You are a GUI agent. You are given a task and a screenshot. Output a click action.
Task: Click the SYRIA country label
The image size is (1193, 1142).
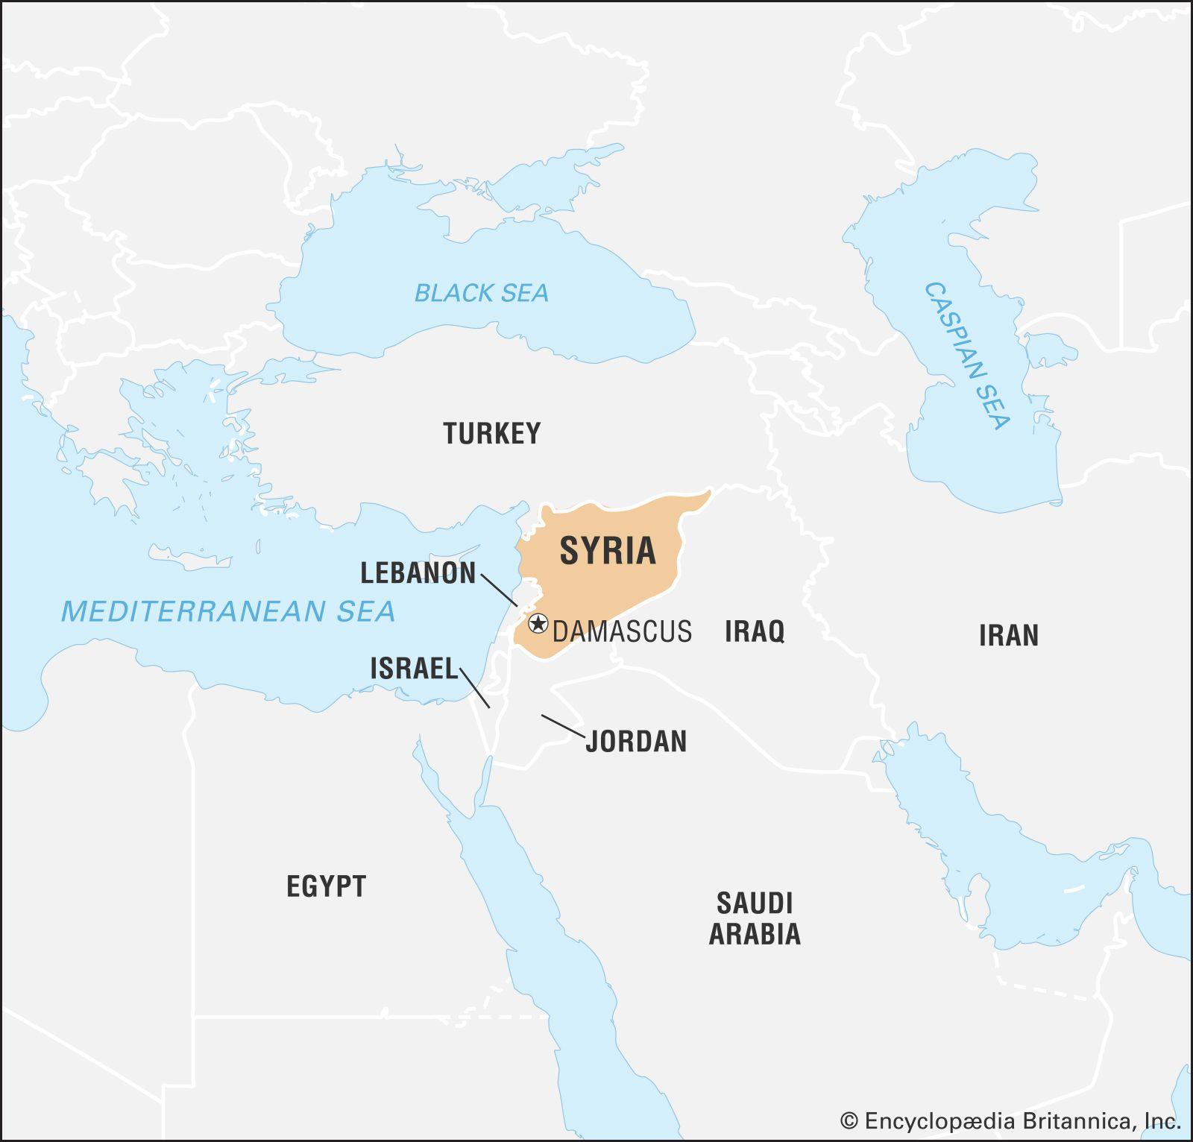[608, 551]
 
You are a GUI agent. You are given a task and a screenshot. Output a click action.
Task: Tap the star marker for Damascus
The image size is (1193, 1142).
[537, 623]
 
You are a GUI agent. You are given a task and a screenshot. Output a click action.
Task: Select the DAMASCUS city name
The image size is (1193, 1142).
[622, 631]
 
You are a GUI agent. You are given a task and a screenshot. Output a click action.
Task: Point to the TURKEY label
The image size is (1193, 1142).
[492, 433]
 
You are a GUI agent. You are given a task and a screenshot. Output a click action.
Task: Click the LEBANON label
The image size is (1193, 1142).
[418, 572]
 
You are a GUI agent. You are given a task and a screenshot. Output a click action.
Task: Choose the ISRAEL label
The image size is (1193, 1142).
[414, 669]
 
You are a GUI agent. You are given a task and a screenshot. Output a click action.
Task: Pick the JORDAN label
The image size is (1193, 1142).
[636, 741]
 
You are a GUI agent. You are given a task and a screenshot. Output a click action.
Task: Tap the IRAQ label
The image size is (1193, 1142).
[755, 631]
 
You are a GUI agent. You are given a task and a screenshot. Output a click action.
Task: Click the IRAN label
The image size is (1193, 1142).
[1008, 636]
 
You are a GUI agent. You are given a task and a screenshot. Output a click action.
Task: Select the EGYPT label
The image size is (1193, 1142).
[327, 886]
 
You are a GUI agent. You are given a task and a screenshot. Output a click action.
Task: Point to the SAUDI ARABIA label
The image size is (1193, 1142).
[755, 918]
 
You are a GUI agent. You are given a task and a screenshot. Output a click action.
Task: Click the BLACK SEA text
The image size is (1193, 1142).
[481, 293]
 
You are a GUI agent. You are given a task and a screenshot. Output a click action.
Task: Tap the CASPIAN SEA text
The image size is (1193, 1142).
[967, 356]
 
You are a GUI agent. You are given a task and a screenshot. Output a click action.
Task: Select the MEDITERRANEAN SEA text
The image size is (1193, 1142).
[227, 611]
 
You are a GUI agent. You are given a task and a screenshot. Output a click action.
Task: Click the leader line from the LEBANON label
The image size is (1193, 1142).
[499, 590]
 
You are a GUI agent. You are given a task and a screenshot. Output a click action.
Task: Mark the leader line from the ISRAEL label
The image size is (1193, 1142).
[475, 688]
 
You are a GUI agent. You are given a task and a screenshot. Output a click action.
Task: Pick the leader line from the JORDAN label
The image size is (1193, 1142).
[563, 726]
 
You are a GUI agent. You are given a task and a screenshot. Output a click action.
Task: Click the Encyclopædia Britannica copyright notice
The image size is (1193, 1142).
[1010, 1120]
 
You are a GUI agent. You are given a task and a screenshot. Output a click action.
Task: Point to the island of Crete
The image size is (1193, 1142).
[190, 558]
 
